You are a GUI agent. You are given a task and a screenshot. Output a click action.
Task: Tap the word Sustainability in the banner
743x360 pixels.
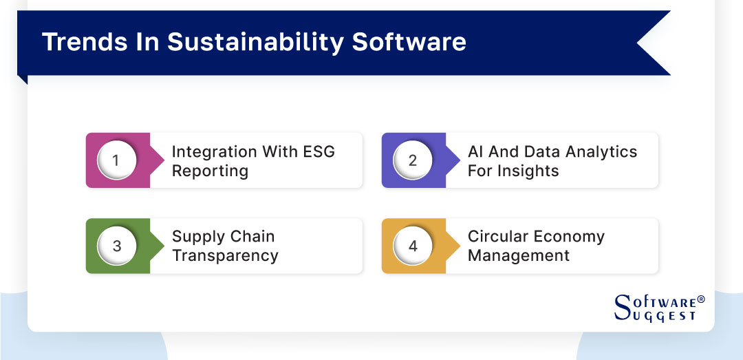(x=256, y=42)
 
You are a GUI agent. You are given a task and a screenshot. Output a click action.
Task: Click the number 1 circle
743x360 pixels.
(x=116, y=160)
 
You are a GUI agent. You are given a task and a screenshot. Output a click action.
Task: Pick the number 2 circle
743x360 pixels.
(x=412, y=160)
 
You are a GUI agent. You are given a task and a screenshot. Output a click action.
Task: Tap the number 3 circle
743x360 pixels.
(x=116, y=246)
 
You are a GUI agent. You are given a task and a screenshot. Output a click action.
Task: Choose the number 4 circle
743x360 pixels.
(x=412, y=246)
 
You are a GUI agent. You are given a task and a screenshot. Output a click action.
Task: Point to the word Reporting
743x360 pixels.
(x=210, y=171)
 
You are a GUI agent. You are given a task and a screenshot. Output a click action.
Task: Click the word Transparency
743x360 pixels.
(x=225, y=255)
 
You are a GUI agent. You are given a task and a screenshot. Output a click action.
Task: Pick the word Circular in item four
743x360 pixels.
(x=497, y=236)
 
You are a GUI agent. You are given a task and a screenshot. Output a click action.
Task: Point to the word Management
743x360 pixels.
(x=519, y=255)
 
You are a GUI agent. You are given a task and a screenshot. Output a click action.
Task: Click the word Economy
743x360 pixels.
(x=570, y=236)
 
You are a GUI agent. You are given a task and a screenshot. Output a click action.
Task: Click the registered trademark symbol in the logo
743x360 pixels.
(x=701, y=299)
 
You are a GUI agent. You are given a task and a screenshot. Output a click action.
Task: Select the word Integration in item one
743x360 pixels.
(x=212, y=151)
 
